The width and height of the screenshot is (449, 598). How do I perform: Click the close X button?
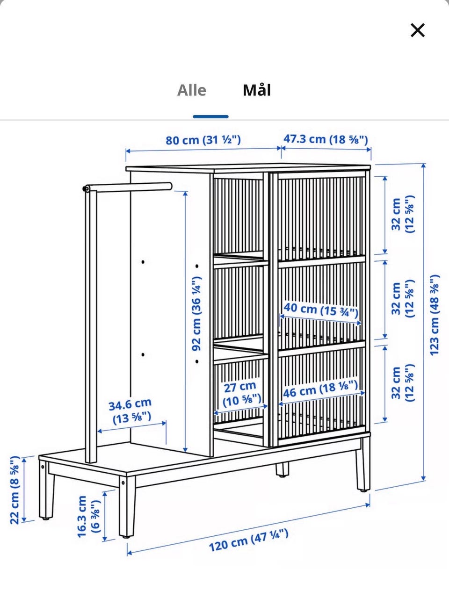pyautogui.click(x=417, y=30)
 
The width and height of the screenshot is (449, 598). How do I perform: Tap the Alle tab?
pyautogui.click(x=192, y=90)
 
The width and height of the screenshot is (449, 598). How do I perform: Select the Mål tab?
pyautogui.click(x=257, y=90)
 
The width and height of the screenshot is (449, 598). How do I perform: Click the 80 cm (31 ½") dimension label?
pyautogui.click(x=203, y=140)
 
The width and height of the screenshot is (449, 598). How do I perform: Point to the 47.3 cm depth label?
pyautogui.click(x=326, y=139)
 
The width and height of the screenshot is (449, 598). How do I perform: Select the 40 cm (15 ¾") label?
pyautogui.click(x=321, y=310)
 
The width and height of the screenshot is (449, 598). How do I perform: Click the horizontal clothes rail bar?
pyautogui.click(x=128, y=187)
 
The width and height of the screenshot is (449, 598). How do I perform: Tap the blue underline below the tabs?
pyautogui.click(x=210, y=116)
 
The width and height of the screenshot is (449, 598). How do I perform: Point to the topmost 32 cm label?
pyautogui.click(x=403, y=214)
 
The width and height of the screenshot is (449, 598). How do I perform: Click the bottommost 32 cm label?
pyautogui.click(x=403, y=383)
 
